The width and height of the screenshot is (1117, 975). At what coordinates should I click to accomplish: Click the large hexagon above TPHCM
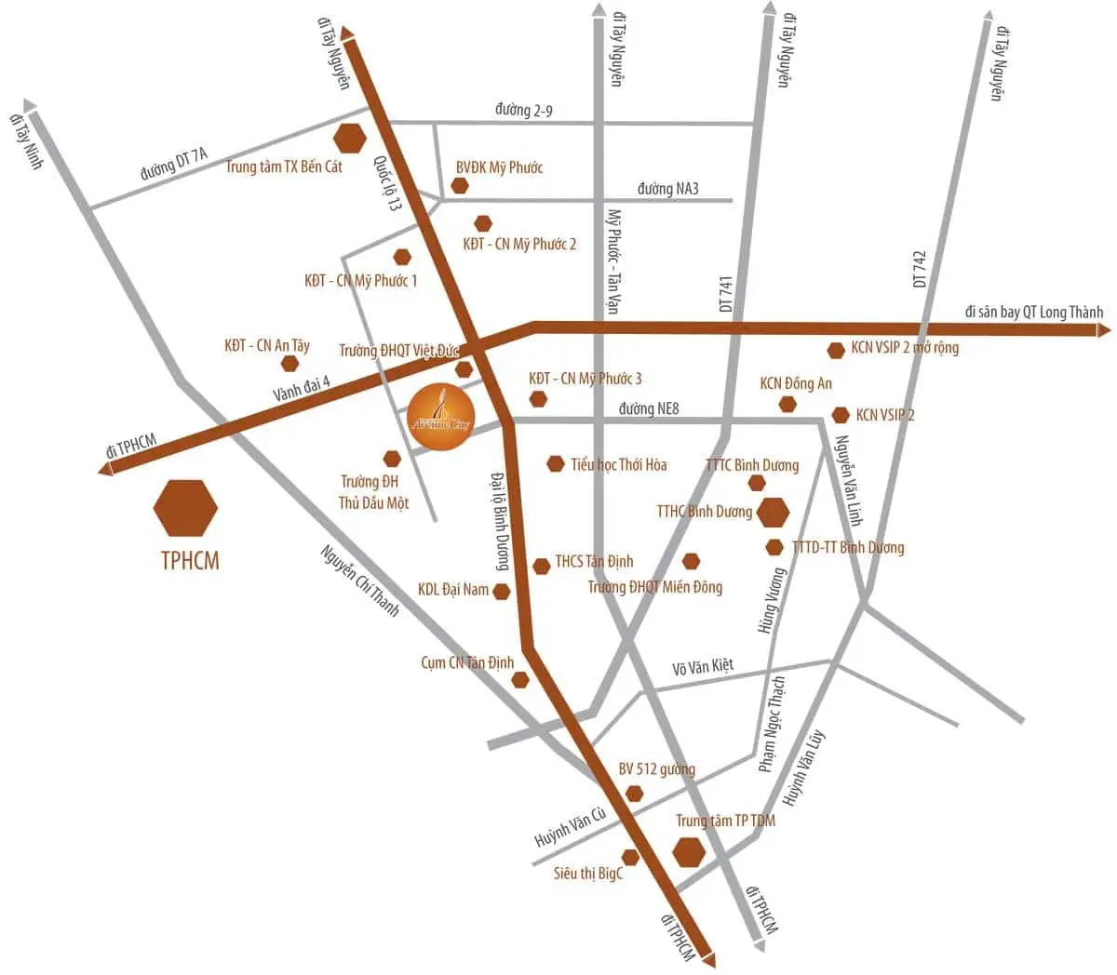[x=185, y=508]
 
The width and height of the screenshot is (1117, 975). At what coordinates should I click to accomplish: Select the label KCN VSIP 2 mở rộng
[x=905, y=349]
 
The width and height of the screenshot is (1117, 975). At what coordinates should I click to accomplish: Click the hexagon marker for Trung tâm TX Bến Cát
[x=351, y=138]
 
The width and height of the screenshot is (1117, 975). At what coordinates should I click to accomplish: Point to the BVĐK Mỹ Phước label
[x=499, y=167]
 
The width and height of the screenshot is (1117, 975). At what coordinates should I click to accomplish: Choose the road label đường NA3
[x=668, y=189]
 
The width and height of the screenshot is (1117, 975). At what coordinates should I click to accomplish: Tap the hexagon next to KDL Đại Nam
[x=502, y=592]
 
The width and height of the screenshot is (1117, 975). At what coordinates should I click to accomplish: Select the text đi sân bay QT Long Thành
[x=1033, y=313]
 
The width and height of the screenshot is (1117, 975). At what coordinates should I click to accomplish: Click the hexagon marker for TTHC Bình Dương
[x=773, y=512]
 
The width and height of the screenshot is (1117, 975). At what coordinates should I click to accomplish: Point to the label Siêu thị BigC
[x=588, y=874]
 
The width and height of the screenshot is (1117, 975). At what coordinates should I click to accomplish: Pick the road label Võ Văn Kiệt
[x=703, y=667]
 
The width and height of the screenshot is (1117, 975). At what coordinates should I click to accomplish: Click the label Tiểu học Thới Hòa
[x=619, y=464]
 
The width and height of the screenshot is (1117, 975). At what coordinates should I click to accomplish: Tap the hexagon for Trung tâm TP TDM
[x=689, y=851]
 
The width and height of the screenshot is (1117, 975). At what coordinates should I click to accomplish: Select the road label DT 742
[x=920, y=268]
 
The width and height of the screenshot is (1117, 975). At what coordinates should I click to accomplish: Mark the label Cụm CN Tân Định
[x=467, y=663]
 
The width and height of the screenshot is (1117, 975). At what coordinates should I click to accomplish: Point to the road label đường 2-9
[x=524, y=111]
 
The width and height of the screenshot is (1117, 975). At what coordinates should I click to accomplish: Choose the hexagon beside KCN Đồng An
[x=787, y=404]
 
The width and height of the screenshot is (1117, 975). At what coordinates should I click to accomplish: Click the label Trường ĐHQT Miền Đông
[x=655, y=587]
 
